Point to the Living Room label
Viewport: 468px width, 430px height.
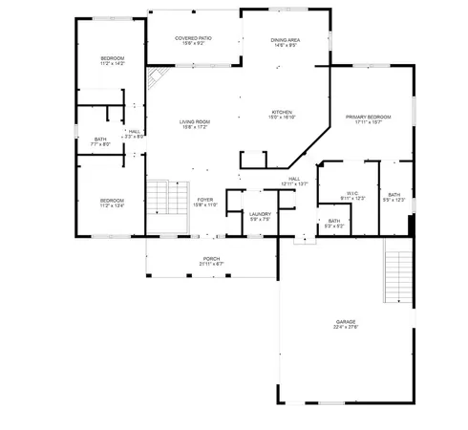(x=196, y=121)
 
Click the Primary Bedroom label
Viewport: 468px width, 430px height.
(x=368, y=117)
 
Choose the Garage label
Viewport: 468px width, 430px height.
(x=346, y=321)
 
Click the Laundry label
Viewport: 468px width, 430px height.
(x=260, y=214)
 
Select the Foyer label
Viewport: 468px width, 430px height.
(x=205, y=199)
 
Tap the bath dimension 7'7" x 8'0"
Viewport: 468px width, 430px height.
(x=100, y=144)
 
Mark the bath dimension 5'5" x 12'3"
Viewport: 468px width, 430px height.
(x=394, y=201)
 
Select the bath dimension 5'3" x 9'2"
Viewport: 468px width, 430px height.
(x=333, y=226)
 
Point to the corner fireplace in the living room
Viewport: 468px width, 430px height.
(x=156, y=78)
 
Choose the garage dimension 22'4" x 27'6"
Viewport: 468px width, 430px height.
(x=346, y=327)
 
